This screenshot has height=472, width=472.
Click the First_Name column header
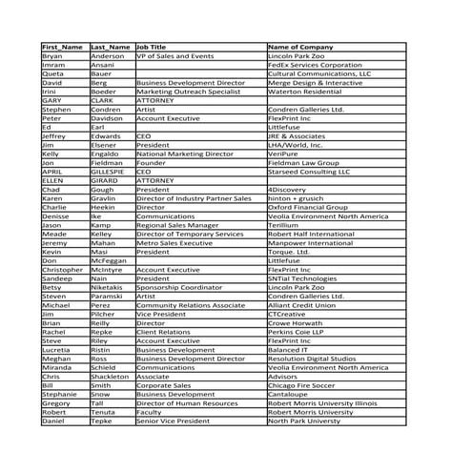pos(63,47)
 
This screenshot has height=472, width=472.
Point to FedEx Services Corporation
pos(317,65)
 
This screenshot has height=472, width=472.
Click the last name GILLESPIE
pos(109,172)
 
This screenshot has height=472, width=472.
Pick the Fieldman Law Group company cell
pos(304,163)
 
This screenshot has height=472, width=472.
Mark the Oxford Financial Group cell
pos(309,207)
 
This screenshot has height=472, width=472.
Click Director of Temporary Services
pos(190,234)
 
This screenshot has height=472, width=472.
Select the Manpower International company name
pos(312,243)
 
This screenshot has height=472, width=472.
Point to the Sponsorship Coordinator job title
pos(176,287)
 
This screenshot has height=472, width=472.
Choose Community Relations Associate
pos(191,305)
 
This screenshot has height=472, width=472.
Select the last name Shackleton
pos(111,377)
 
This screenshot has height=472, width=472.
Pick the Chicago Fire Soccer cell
pos(307,385)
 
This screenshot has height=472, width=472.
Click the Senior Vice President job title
pos(173,421)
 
